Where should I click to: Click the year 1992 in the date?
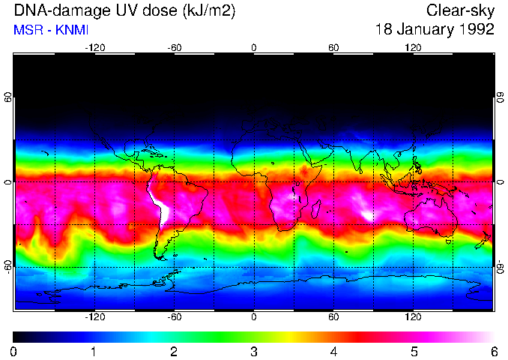(x=476, y=30)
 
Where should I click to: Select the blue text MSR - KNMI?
(x=51, y=30)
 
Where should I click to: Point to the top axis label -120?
(x=94, y=47)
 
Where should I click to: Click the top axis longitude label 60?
(x=333, y=47)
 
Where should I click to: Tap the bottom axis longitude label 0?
(x=254, y=317)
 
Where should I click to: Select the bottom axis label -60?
(x=174, y=317)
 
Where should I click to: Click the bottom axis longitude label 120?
(x=413, y=317)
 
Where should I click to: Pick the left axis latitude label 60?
(x=8, y=99)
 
